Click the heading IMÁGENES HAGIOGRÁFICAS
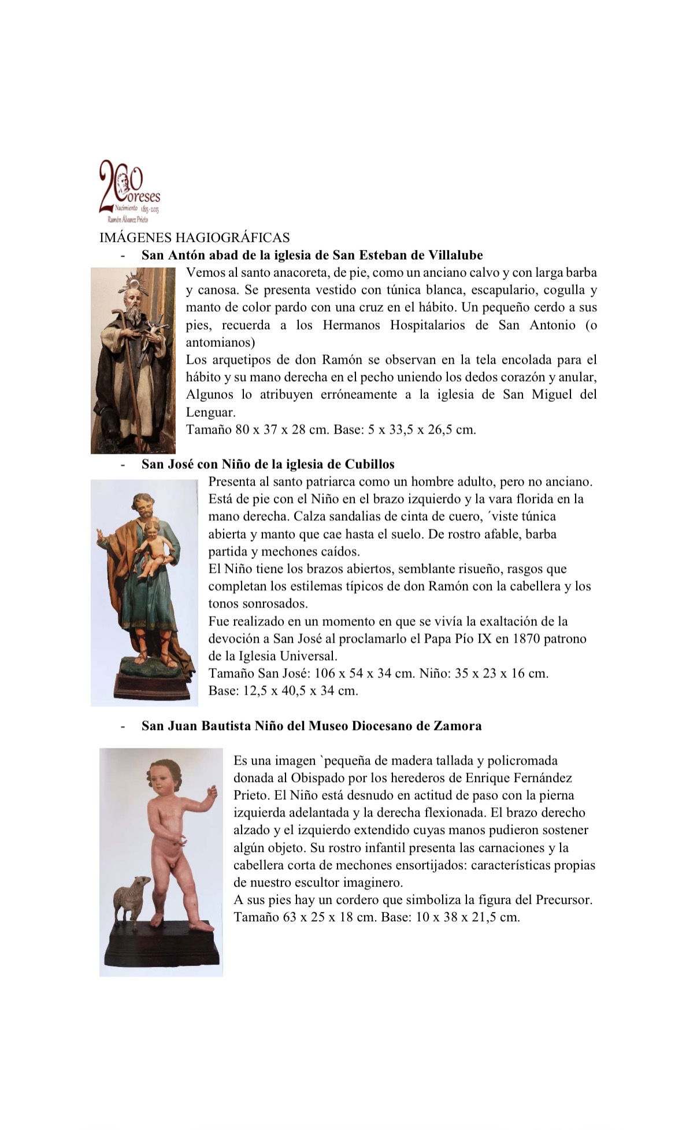(194, 237)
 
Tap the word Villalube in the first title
(455, 255)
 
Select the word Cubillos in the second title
(369, 464)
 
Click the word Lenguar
(210, 412)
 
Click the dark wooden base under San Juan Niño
(162, 948)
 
